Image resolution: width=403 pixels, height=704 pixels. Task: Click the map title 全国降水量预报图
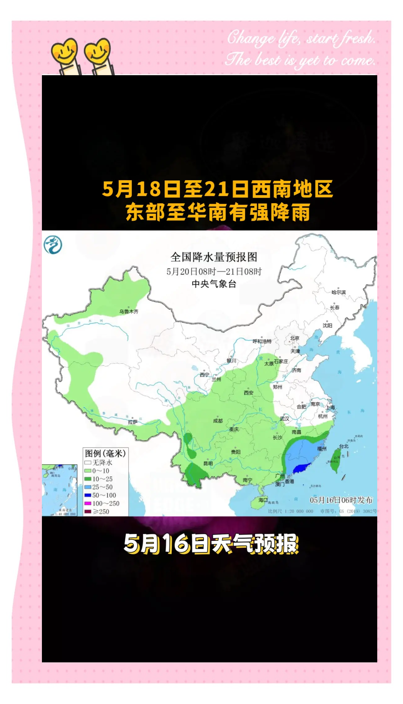pyautogui.click(x=214, y=257)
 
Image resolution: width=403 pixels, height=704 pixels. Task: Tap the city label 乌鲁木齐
pyautogui.click(x=129, y=311)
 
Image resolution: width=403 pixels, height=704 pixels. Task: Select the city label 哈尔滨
pyautogui.click(x=338, y=292)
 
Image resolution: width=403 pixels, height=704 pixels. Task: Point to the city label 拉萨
pyautogui.click(x=133, y=422)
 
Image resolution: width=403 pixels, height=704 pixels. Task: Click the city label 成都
pyautogui.click(x=218, y=421)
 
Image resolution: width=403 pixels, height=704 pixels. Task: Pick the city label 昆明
pyautogui.click(x=208, y=463)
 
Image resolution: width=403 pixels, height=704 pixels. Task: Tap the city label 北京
pyautogui.click(x=295, y=338)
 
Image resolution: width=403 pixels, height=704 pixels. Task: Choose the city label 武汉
pyautogui.click(x=284, y=418)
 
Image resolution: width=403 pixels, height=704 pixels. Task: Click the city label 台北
pyautogui.click(x=344, y=446)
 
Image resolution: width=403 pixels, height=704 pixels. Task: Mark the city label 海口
pyautogui.click(x=263, y=500)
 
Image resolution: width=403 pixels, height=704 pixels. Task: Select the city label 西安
pyautogui.click(x=248, y=393)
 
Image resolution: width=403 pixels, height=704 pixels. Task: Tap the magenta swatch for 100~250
pyautogui.click(x=88, y=503)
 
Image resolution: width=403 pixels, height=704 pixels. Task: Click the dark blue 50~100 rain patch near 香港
pyautogui.click(x=301, y=468)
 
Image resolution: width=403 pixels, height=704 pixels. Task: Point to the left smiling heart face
pyautogui.click(x=64, y=51)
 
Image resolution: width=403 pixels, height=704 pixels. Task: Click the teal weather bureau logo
pyautogui.click(x=53, y=245)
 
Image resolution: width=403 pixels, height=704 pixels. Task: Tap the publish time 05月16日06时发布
pyautogui.click(x=341, y=500)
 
